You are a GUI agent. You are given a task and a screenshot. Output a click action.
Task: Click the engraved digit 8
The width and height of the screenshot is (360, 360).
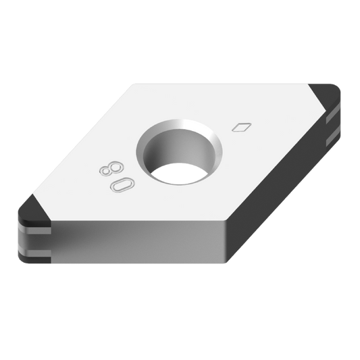108,168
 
